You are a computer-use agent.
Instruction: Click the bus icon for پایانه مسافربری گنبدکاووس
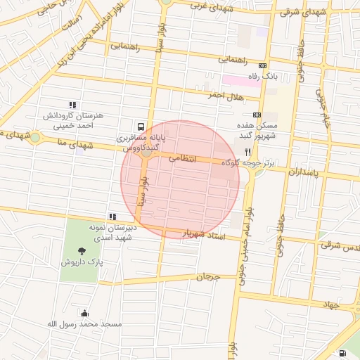click(x=141, y=127)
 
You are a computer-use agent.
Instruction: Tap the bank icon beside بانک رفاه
click(x=262, y=65)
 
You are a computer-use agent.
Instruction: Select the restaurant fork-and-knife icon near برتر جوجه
click(x=247, y=151)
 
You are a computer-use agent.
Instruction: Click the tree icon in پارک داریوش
click(x=83, y=250)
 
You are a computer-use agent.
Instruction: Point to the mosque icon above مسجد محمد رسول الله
click(x=85, y=313)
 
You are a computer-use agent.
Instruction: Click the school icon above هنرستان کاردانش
click(x=74, y=105)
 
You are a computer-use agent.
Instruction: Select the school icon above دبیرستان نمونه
click(x=112, y=217)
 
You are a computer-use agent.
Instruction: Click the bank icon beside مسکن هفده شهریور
click(x=257, y=115)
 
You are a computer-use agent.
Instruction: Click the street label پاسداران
click(x=303, y=171)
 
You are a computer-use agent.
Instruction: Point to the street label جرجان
click(x=208, y=277)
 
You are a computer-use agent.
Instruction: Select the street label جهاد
click(x=332, y=304)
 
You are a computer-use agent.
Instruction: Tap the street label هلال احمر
click(x=224, y=95)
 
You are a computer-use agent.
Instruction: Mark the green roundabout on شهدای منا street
click(x=34, y=137)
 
